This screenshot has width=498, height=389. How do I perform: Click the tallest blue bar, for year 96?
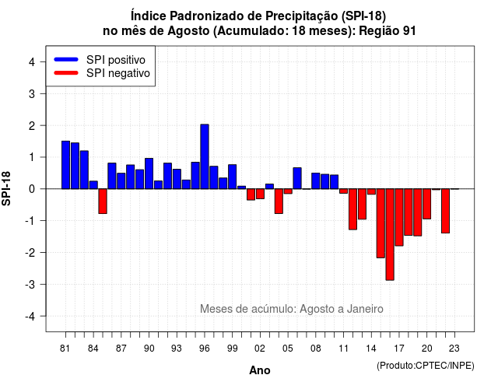pyautogui.click(x=205, y=156)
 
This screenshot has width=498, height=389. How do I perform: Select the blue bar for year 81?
pyautogui.click(x=65, y=165)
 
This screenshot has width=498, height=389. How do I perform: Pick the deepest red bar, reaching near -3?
pyautogui.click(x=390, y=234)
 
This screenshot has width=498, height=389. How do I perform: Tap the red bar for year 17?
pyautogui.click(x=399, y=217)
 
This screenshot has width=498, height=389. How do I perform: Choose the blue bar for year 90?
pyautogui.click(x=149, y=173)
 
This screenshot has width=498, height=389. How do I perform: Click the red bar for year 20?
pyautogui.click(x=427, y=204)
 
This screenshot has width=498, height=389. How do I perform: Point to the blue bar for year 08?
pyautogui.click(x=316, y=181)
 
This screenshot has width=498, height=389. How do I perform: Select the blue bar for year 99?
pyautogui.click(x=232, y=177)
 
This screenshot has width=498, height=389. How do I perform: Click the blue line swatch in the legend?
pyautogui.click(x=66, y=59)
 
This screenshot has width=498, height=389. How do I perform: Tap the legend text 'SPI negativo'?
pyautogui.click(x=118, y=73)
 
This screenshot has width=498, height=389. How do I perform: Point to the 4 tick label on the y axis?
pyautogui.click(x=32, y=61)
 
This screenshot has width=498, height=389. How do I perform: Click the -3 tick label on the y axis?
pyautogui.click(x=30, y=284)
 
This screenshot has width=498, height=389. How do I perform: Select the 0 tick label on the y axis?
pyautogui.click(x=32, y=189)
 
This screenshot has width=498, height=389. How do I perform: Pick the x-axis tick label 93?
pyautogui.click(x=177, y=349)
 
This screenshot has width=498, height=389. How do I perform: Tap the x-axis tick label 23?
pyautogui.click(x=454, y=349)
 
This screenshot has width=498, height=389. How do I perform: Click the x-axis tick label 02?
pyautogui.click(x=260, y=349)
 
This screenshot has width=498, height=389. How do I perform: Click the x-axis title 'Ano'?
pyautogui.click(x=260, y=370)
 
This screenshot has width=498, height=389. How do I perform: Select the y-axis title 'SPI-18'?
pyautogui.click(x=6, y=188)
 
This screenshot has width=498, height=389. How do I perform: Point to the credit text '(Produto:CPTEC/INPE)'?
pyautogui.click(x=426, y=366)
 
